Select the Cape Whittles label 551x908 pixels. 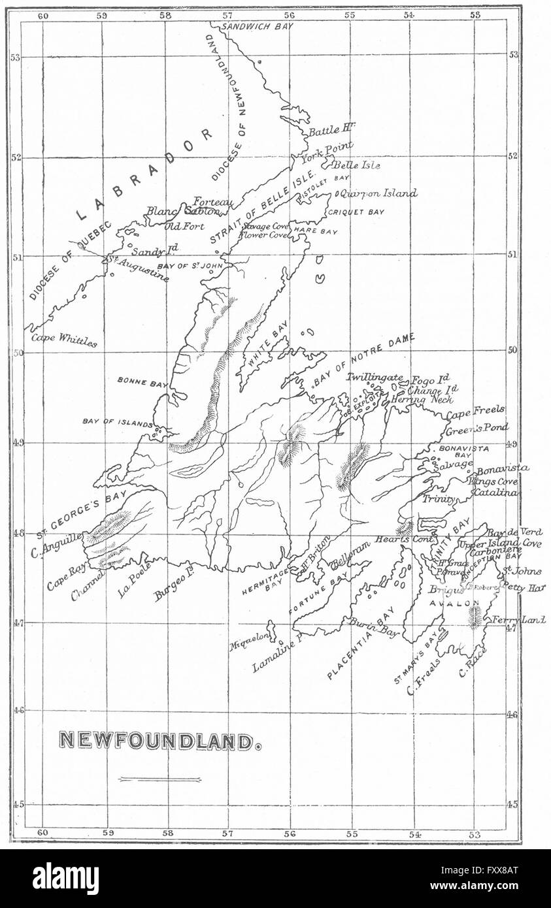click(65, 340)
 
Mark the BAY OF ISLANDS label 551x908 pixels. click(118, 423)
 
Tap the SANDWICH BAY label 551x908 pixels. click(258, 26)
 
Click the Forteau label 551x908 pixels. click(213, 203)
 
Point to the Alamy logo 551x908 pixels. click(65, 879)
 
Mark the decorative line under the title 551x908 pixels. click(160, 779)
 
